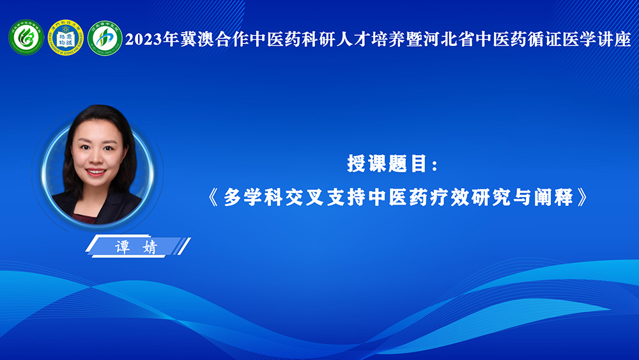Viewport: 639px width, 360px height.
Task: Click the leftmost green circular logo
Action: point(26,38)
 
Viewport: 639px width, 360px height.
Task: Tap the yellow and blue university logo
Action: point(66,38)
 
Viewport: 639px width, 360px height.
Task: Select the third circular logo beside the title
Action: point(105,38)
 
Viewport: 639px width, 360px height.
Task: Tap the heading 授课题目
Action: point(387,164)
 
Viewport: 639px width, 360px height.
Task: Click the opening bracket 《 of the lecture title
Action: point(213,198)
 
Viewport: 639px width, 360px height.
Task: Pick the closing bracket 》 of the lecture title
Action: point(583,198)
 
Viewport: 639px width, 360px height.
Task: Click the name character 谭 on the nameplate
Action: point(123,247)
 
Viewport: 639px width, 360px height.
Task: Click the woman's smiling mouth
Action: point(96,173)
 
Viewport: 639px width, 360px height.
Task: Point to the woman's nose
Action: point(96,158)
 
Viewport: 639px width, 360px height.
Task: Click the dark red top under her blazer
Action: point(85,218)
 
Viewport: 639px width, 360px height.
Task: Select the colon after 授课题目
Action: point(435,165)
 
